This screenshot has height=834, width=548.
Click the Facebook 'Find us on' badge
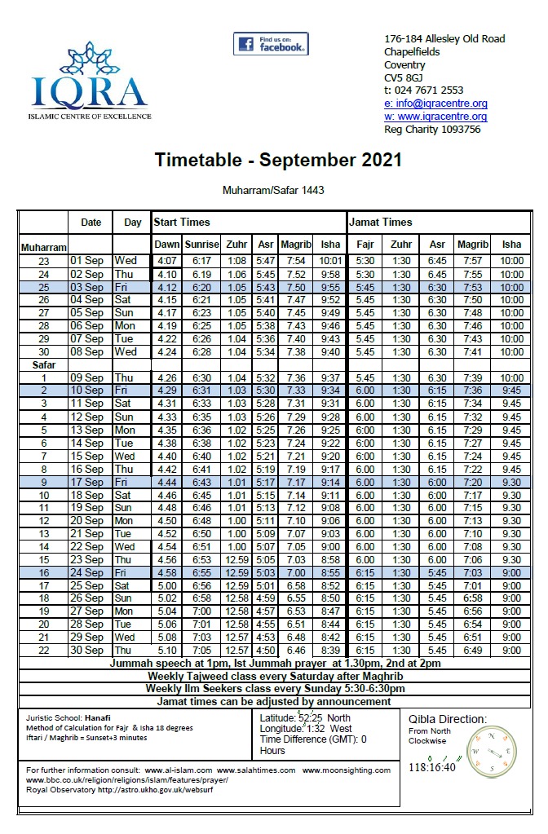tap(270, 44)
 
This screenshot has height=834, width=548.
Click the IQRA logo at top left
tap(90, 82)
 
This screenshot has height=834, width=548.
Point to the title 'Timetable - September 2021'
tap(278, 160)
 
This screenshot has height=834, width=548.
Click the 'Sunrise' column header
tap(201, 245)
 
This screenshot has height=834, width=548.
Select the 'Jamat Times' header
tap(380, 222)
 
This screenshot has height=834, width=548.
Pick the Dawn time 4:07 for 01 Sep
tap(166, 261)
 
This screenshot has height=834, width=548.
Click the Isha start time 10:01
tap(330, 261)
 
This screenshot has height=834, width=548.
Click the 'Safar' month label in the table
tap(43, 365)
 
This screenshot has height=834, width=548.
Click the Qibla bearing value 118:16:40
tap(432, 768)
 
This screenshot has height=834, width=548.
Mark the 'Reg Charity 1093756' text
tap(432, 130)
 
